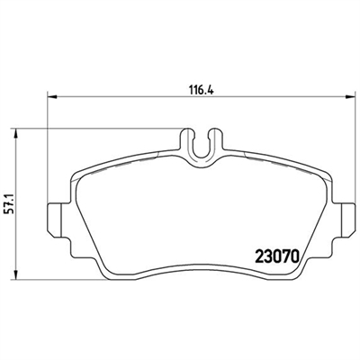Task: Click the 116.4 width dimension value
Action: [201, 90]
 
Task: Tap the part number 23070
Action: [277, 256]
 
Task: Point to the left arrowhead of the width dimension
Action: [52, 96]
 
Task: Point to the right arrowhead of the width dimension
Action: [349, 96]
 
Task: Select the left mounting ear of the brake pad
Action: [55, 220]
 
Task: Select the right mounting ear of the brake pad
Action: [348, 220]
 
